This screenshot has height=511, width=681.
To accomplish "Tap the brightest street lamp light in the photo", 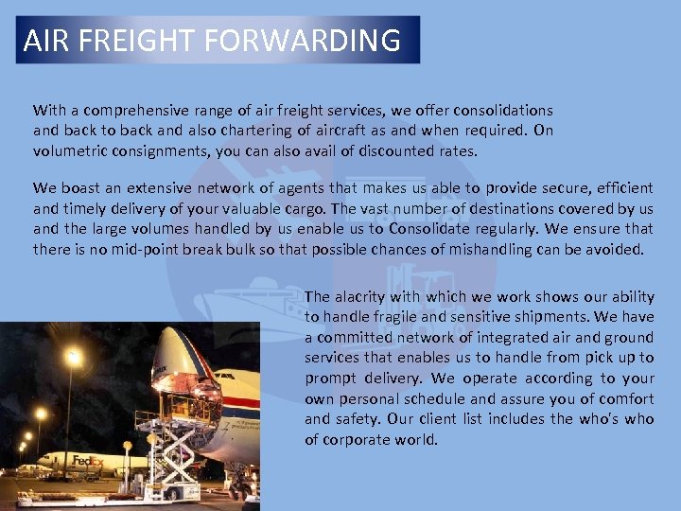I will click(74, 358).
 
